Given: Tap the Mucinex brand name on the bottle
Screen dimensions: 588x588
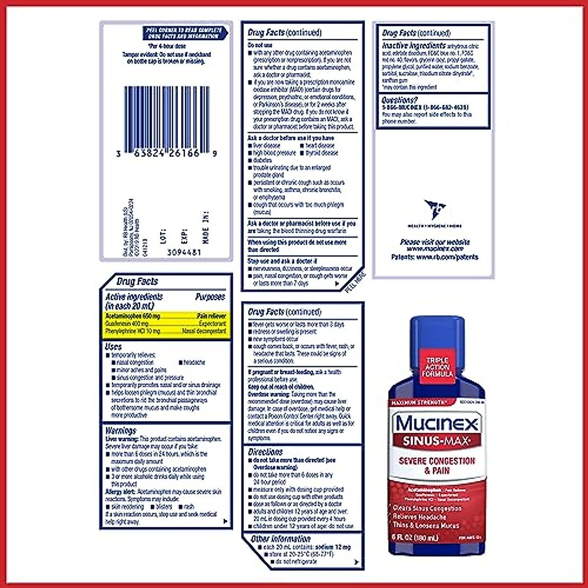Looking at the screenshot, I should point(437,422).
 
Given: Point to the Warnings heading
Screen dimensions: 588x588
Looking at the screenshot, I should point(121,431).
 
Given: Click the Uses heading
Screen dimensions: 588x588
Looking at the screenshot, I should point(113,346).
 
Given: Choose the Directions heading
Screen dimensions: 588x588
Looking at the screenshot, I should point(266,452).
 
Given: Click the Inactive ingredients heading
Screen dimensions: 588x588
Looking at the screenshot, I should point(414,45).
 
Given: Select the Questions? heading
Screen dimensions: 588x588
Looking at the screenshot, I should point(399,100).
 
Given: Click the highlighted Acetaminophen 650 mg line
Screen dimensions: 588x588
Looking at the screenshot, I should point(133,317).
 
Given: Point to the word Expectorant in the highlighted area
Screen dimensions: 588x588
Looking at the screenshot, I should point(212,324).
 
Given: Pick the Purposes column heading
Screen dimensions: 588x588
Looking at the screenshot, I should point(210,297).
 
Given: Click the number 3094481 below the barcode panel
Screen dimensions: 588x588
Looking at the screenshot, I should point(184,252).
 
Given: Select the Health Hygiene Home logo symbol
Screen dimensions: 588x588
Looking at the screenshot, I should point(434,209).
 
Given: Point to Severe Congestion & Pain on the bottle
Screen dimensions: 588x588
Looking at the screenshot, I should point(436,465).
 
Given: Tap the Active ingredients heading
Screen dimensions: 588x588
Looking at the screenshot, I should point(134,297).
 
